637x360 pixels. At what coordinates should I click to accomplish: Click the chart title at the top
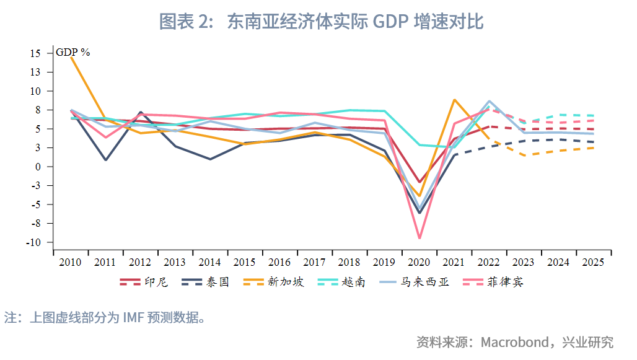[321, 22]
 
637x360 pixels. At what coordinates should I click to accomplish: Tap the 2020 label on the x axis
[420, 263]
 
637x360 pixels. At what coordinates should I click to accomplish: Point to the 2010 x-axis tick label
[70, 263]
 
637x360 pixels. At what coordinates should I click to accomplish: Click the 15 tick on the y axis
[35, 53]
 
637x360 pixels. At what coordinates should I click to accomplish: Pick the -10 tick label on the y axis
[33, 242]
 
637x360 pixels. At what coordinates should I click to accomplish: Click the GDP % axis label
[73, 53]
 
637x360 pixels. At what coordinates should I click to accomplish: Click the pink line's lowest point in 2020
[420, 238]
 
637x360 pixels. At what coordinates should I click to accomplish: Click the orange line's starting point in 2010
[71, 56]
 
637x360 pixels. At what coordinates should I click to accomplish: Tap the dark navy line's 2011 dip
[106, 160]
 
